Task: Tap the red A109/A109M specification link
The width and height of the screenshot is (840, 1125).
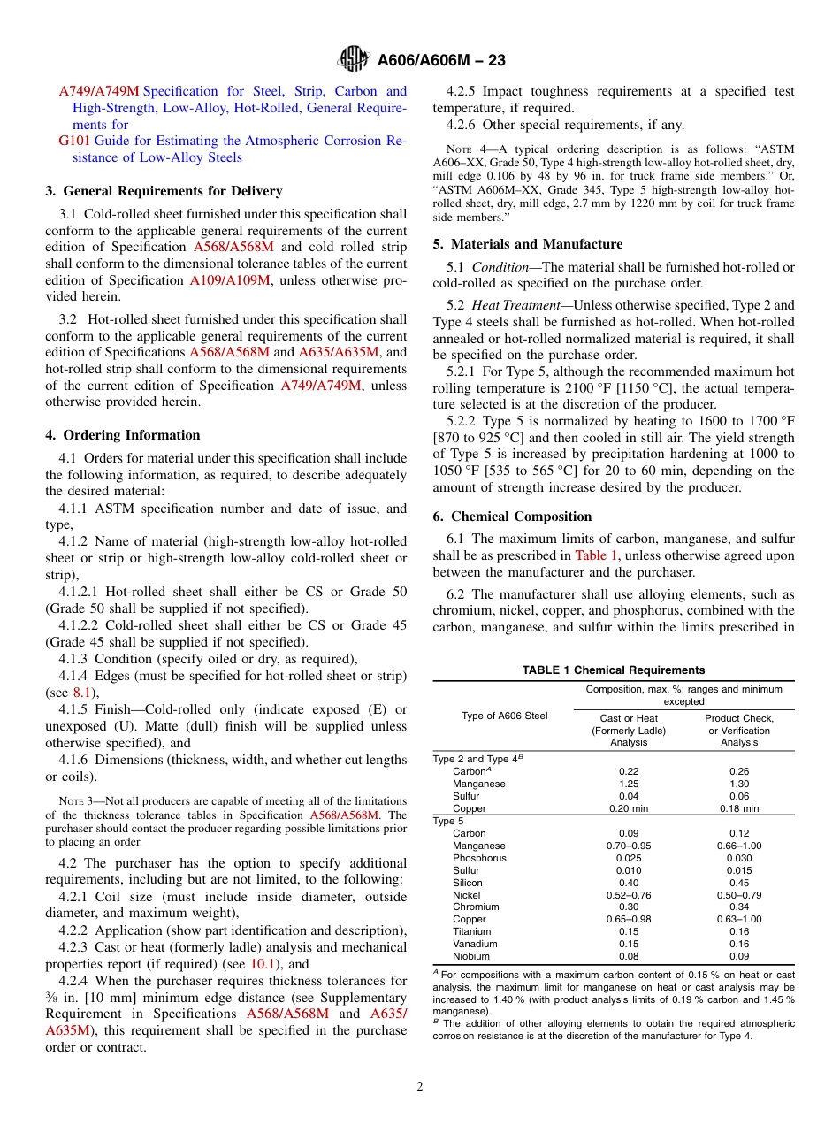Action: click(228, 280)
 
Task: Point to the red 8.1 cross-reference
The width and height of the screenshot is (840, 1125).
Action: click(83, 693)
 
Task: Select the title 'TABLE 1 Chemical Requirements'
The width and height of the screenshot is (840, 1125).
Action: click(614, 670)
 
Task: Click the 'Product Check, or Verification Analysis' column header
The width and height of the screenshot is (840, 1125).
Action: click(738, 731)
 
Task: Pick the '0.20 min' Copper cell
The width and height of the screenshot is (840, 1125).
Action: click(629, 808)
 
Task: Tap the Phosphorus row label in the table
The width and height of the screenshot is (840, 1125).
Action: click(479, 858)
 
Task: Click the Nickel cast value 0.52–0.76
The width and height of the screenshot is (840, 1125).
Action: click(629, 895)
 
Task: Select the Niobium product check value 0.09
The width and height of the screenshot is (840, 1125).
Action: click(738, 956)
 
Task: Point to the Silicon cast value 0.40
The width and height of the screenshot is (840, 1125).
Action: click(629, 883)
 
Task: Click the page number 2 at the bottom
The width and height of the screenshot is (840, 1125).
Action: click(420, 1087)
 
